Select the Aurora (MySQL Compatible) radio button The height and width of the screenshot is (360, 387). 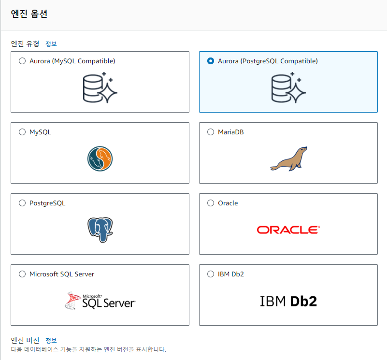point(22,61)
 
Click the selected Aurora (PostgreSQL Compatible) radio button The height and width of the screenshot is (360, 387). point(211,61)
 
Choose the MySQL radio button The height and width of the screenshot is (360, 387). point(22,132)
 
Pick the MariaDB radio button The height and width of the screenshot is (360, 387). point(211,132)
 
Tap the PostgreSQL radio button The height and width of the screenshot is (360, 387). point(22,203)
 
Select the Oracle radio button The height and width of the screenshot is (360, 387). point(211,203)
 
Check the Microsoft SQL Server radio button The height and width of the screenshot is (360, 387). point(22,274)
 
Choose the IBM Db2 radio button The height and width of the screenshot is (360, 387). point(211,274)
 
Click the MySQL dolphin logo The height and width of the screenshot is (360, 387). point(100,159)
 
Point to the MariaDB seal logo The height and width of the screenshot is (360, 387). point(288,159)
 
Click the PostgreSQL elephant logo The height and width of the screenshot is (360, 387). point(100,230)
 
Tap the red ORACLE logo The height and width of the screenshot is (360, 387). point(288,230)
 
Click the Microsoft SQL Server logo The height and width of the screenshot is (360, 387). point(100,301)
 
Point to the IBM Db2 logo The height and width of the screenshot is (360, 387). point(288,301)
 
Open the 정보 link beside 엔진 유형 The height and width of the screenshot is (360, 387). point(51,44)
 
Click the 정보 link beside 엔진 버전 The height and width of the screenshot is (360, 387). point(51,341)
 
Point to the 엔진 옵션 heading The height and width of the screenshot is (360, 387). point(29,14)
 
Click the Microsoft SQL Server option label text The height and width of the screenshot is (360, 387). point(62,274)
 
